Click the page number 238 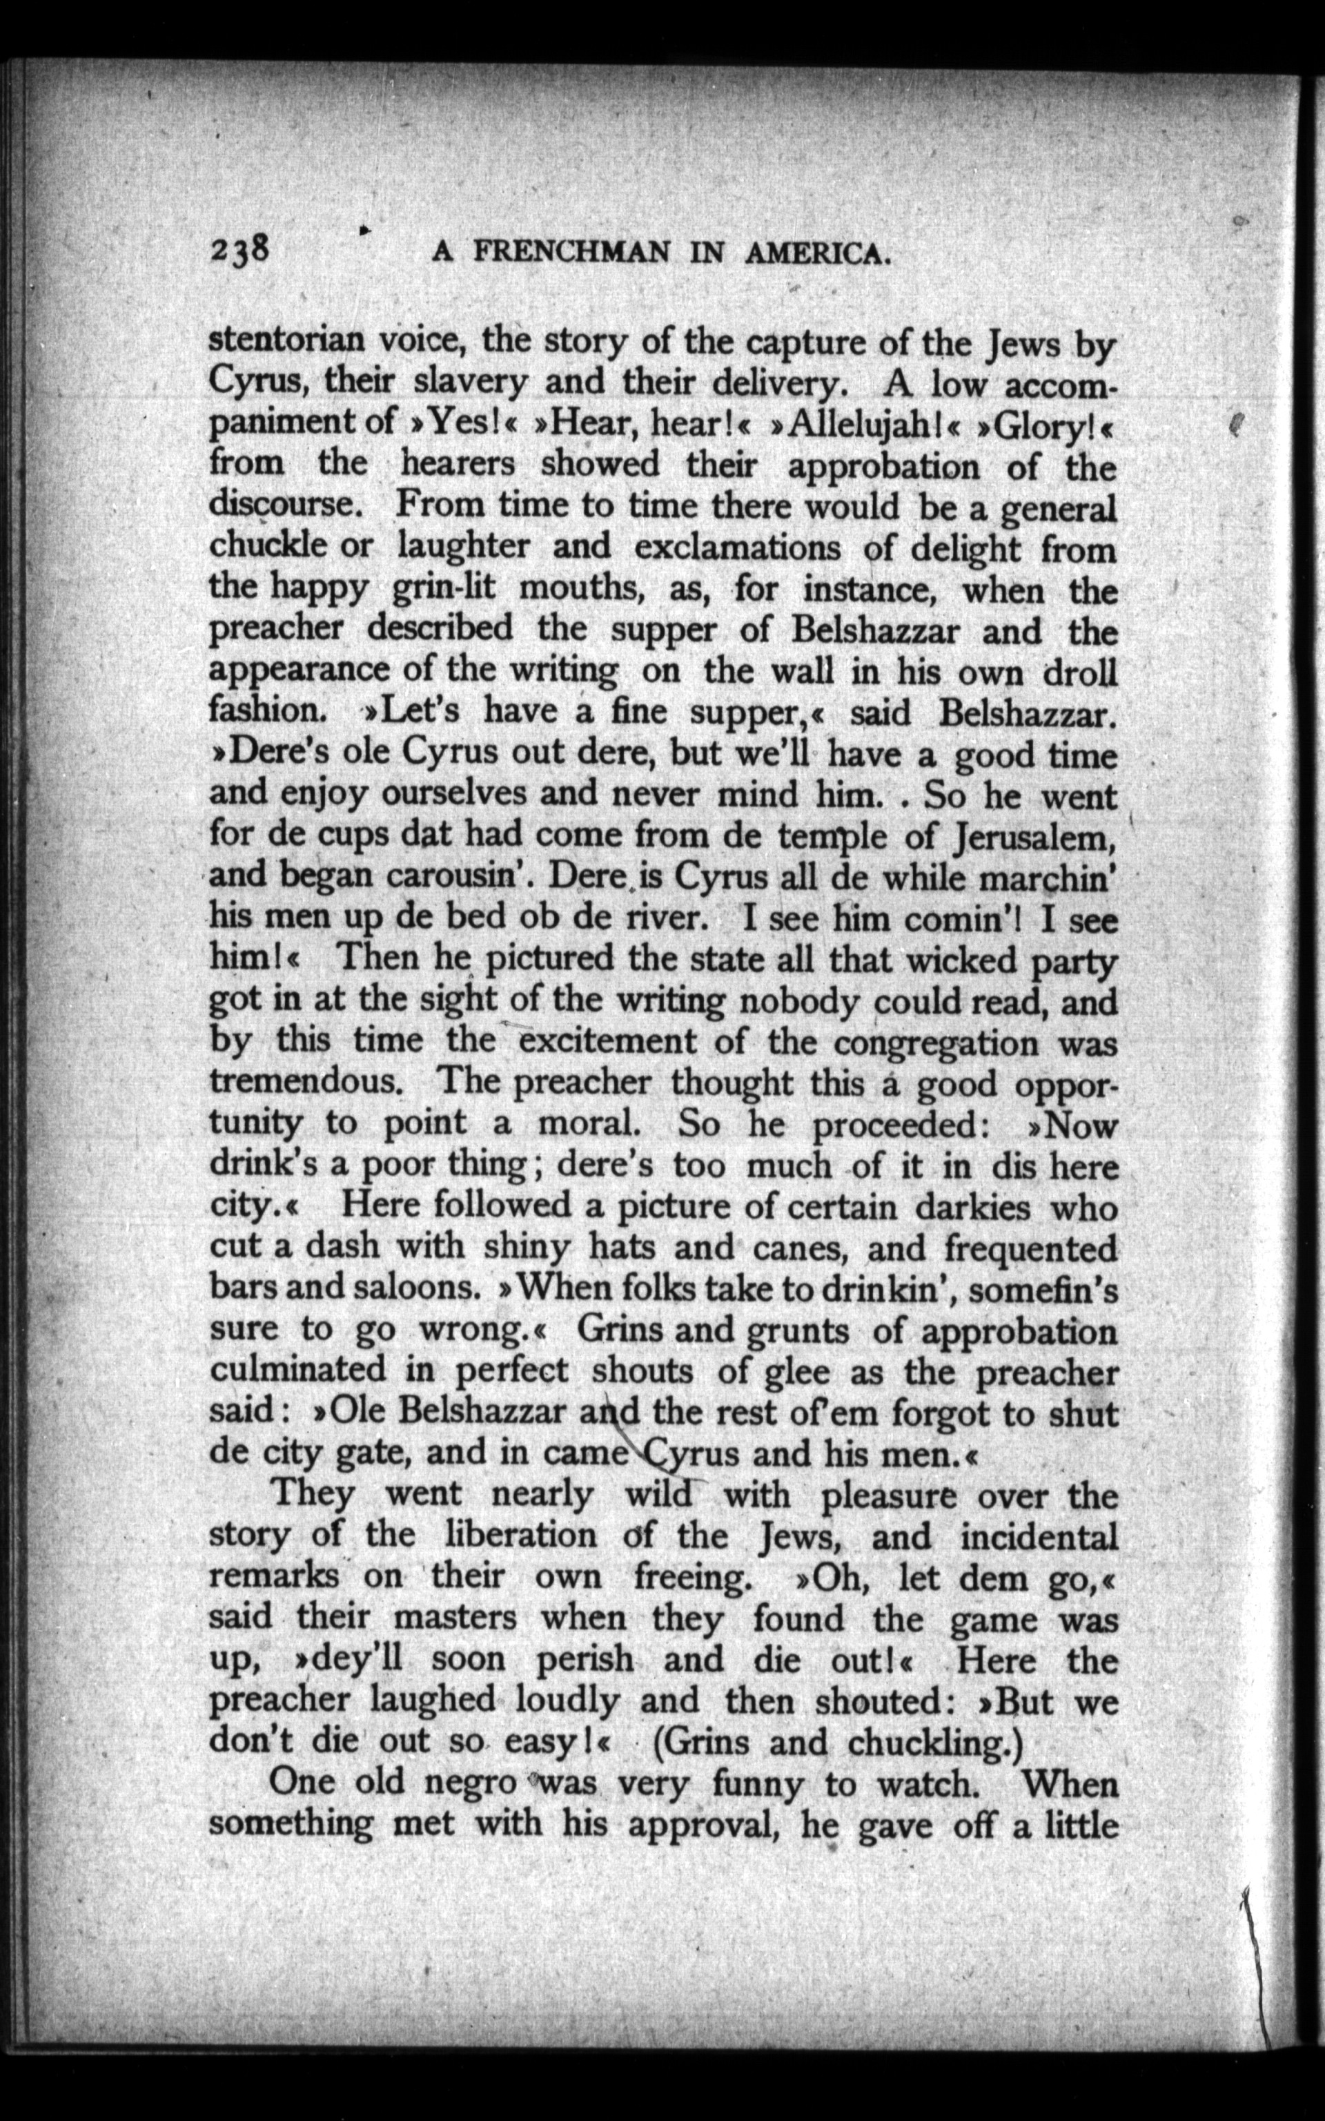click(243, 251)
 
